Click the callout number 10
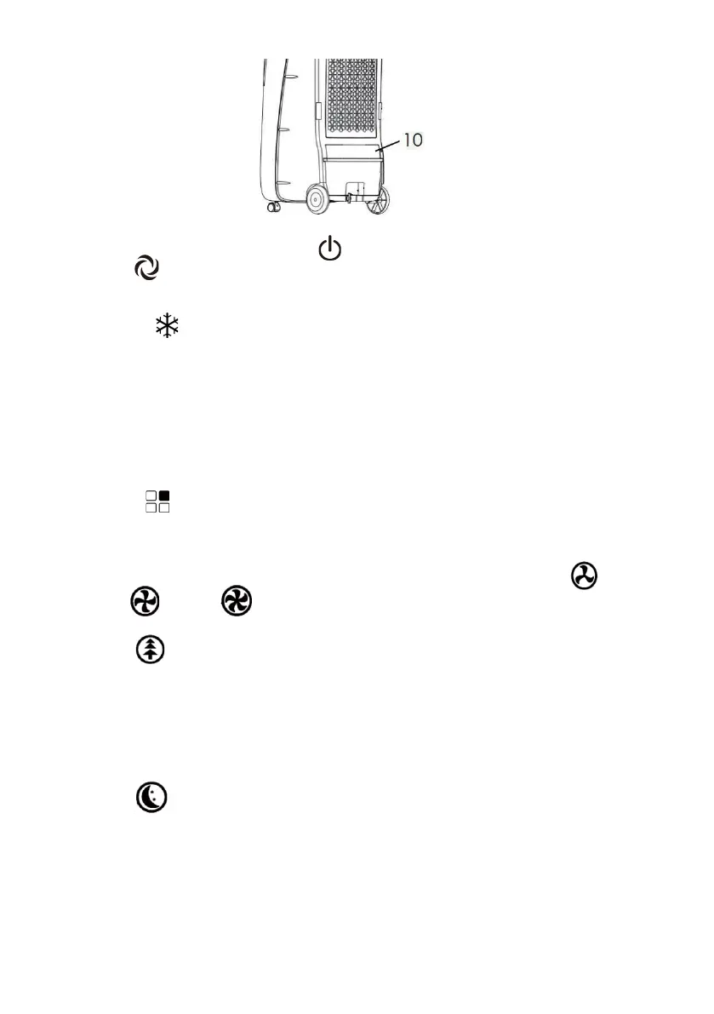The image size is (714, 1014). coord(414,140)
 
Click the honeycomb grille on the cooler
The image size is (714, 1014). coord(351,94)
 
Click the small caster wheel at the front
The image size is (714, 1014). coord(274,208)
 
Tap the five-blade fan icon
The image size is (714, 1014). coord(233,603)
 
